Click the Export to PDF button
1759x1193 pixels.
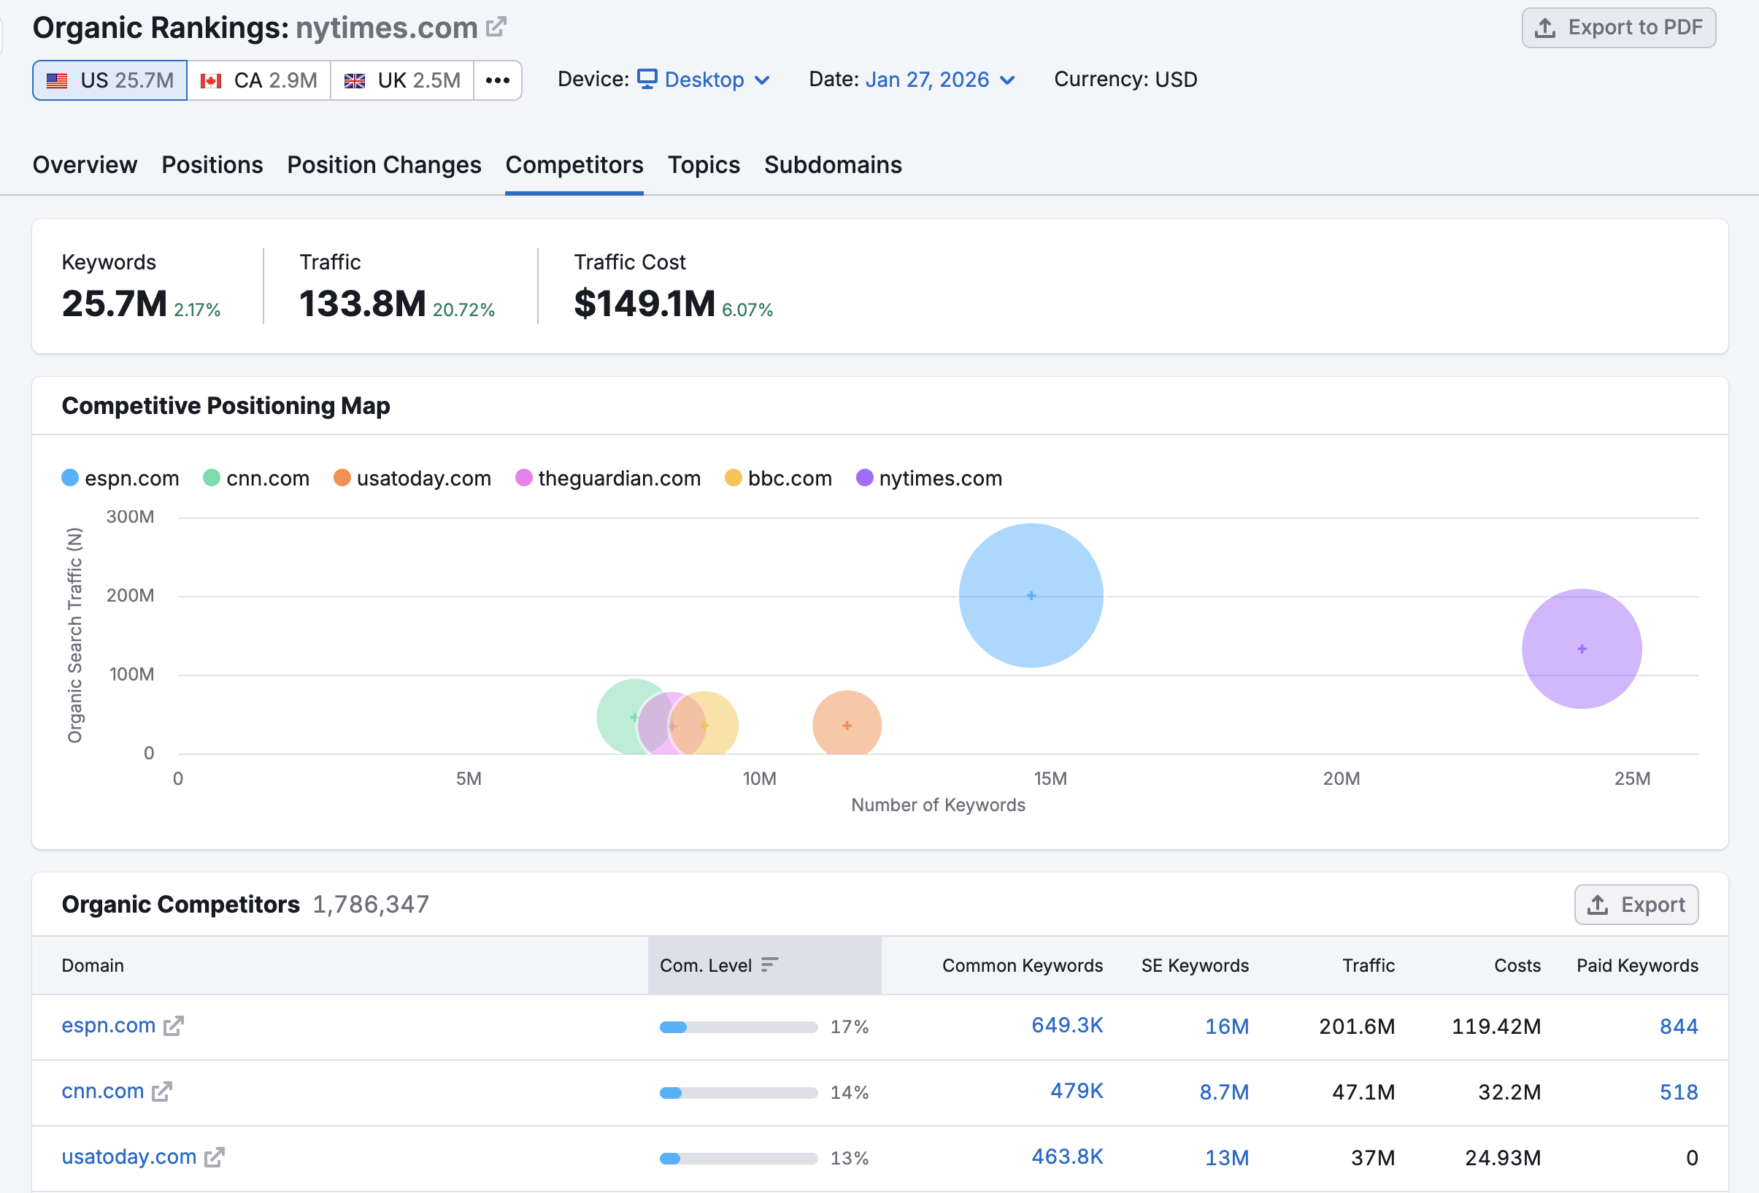1618,28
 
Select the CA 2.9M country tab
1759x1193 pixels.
259,80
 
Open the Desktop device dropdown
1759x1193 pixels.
703,80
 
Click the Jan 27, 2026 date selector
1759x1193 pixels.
939,80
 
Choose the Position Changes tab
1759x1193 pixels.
384,165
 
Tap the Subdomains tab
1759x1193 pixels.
833,165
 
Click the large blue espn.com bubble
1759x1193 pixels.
1031,596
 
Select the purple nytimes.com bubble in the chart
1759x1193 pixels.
1581,649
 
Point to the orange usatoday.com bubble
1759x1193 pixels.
847,724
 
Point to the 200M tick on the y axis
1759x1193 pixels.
130,596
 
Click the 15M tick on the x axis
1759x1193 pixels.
1050,778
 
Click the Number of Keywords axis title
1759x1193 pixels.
938,805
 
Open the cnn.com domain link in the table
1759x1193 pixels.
103,1091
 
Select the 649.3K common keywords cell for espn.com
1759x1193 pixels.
1066,1025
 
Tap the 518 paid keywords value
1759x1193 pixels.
1678,1092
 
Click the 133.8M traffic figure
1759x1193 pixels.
363,304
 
